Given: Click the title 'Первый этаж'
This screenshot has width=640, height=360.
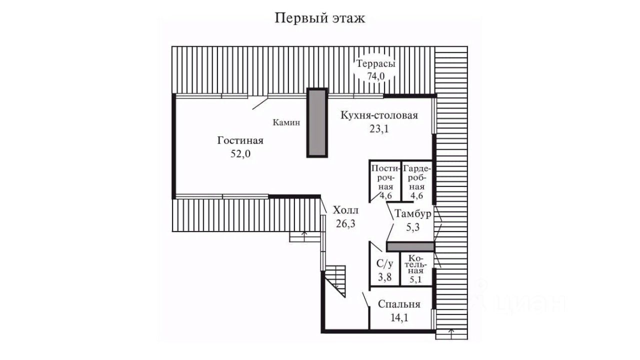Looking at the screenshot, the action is (x=320, y=18).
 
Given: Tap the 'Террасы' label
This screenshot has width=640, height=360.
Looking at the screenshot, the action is (x=375, y=63).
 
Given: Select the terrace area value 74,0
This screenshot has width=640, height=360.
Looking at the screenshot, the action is (x=376, y=76).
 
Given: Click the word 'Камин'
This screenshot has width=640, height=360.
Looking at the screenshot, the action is (x=286, y=122).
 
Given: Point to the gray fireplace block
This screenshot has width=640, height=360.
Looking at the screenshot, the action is (x=317, y=122).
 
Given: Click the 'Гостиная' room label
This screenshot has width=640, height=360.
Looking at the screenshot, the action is (x=240, y=140).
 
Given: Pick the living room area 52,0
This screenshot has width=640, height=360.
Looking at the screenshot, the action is (x=240, y=154).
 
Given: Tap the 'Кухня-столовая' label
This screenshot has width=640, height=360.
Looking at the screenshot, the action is (x=379, y=115).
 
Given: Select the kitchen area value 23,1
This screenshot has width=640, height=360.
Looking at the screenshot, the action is (x=379, y=129).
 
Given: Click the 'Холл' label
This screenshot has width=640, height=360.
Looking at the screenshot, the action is (x=345, y=210).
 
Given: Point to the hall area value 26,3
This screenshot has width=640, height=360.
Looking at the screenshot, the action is (x=345, y=223).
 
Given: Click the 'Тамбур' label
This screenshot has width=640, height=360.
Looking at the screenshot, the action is (x=412, y=213).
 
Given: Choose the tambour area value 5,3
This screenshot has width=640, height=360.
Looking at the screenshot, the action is (x=412, y=227).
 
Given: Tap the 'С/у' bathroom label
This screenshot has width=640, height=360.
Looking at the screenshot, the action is (x=384, y=263).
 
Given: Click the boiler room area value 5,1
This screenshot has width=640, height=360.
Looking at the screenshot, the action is (x=415, y=279).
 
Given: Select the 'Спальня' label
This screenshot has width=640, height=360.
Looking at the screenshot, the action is (x=399, y=304).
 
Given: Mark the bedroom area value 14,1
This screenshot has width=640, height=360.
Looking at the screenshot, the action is (x=399, y=317).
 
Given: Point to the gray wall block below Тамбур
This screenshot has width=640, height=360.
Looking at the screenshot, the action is (x=410, y=247).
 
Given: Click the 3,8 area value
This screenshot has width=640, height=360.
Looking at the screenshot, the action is (x=384, y=277).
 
